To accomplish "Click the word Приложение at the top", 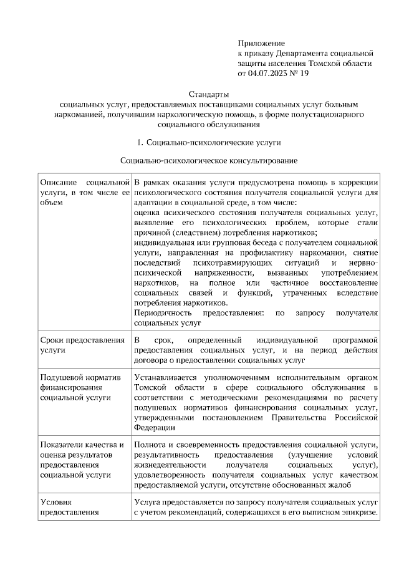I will point(261,44).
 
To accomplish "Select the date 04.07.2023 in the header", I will point(269,74).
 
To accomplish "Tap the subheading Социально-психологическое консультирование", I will point(208,161).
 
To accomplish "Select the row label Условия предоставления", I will point(69,507).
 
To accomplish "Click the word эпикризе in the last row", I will point(360,512).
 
